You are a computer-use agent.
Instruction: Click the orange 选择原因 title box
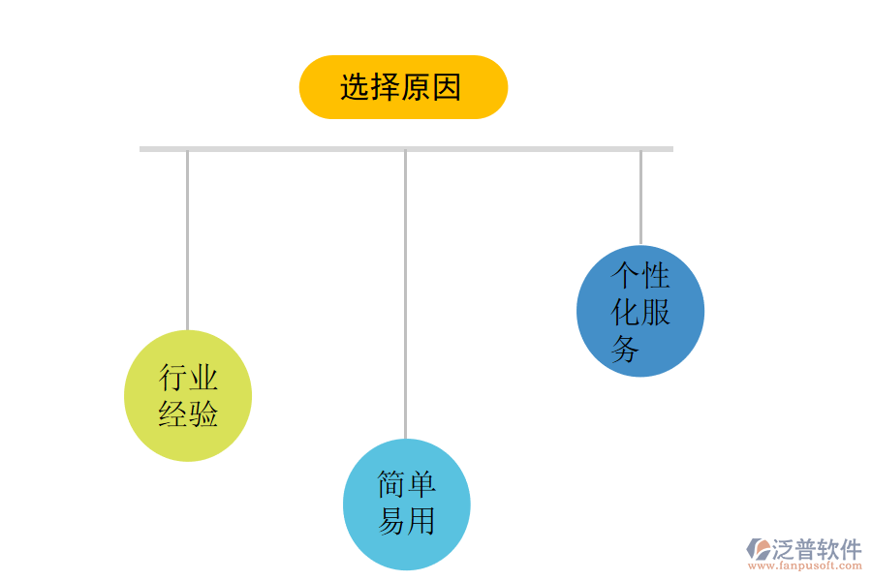tap(403, 87)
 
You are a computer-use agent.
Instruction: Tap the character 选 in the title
tap(355, 88)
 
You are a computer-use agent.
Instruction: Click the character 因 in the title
tap(447, 88)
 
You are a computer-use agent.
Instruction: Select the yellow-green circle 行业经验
tap(188, 396)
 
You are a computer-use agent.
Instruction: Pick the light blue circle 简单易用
tap(407, 505)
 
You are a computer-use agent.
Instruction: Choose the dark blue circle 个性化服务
tap(640, 311)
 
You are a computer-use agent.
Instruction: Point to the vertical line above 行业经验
tap(187, 242)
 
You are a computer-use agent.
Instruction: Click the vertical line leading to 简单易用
tap(405, 290)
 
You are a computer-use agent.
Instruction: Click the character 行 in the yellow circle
tap(172, 378)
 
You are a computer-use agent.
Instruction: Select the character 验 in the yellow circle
tap(203, 414)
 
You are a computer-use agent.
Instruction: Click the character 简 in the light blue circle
tap(391, 484)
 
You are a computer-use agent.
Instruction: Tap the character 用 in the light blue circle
tap(421, 521)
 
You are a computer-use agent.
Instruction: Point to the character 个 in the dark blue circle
tap(625, 275)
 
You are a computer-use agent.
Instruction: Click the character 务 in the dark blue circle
tap(625, 349)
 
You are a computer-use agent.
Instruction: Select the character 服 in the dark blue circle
tap(656, 312)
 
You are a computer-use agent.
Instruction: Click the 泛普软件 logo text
tap(817, 550)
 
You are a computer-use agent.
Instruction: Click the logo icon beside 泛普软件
tap(758, 549)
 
